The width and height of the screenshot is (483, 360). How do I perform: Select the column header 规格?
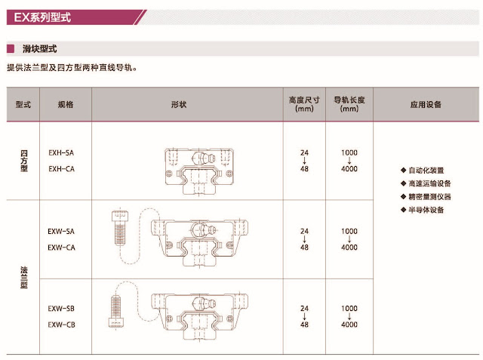pos(65,104)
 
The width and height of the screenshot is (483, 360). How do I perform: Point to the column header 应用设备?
pos(426,104)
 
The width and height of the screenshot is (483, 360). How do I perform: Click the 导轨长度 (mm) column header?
pos(349,104)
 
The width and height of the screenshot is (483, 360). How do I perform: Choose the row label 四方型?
pos(23,161)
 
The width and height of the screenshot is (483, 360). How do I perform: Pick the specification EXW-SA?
pos(61,231)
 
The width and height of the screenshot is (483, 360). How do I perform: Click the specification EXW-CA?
pos(61,247)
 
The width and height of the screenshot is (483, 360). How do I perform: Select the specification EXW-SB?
pos(61,309)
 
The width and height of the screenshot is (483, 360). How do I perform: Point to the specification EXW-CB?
pos(61,325)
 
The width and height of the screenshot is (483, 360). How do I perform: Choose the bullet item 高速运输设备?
pos(429,183)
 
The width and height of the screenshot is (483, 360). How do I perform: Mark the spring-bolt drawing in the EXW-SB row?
pos(116,309)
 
